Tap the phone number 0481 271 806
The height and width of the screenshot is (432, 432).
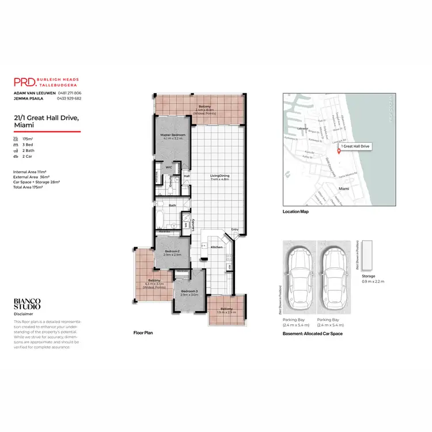pos(70,93)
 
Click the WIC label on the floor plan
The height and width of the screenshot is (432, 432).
pos(169,168)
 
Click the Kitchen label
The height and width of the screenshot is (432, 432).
pos(217,247)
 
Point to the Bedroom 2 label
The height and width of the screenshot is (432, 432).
pos(172,252)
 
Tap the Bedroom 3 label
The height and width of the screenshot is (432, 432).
pos(189,291)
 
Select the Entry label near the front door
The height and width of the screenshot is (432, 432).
pos(234,230)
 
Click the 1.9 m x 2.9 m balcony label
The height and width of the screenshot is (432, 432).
pos(225,310)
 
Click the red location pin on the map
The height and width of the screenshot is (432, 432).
pos(339,151)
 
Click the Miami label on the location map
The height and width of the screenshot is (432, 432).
pos(344,188)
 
